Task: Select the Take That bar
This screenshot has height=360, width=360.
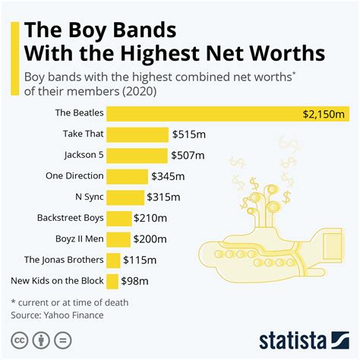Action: pyautogui.click(x=137, y=134)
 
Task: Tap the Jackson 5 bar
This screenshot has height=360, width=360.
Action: pyautogui.click(x=137, y=156)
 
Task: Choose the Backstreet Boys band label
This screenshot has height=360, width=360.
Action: pyautogui.click(x=69, y=218)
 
